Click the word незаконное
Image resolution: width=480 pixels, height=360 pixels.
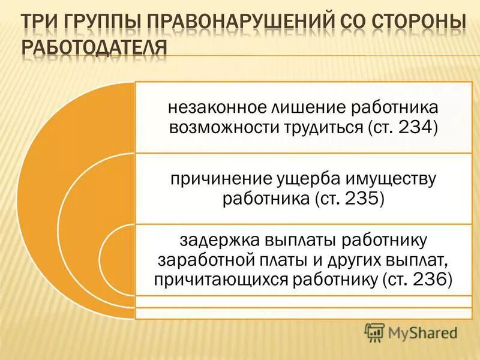click(208, 109)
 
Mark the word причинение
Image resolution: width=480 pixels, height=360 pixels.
click(213, 179)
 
